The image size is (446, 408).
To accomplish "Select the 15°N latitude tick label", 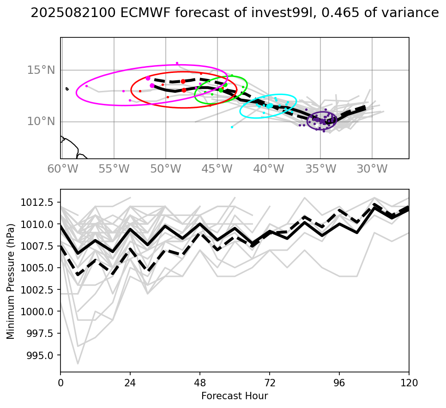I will tap(41, 70).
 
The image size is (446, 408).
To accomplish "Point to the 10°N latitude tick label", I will tap(41, 122).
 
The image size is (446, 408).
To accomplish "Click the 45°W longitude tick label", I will tap(217, 169).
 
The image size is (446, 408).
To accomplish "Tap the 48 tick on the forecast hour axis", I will tap(200, 383).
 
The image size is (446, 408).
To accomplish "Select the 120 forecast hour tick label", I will tap(409, 383).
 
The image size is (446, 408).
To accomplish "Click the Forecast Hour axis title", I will tap(235, 396).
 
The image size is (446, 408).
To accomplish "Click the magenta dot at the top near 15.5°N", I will tap(177, 63).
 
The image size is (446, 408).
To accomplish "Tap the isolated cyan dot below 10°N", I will tap(232, 127).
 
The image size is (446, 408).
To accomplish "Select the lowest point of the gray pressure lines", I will tap(78, 364).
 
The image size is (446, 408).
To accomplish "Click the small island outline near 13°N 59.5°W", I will tap(67, 89).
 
